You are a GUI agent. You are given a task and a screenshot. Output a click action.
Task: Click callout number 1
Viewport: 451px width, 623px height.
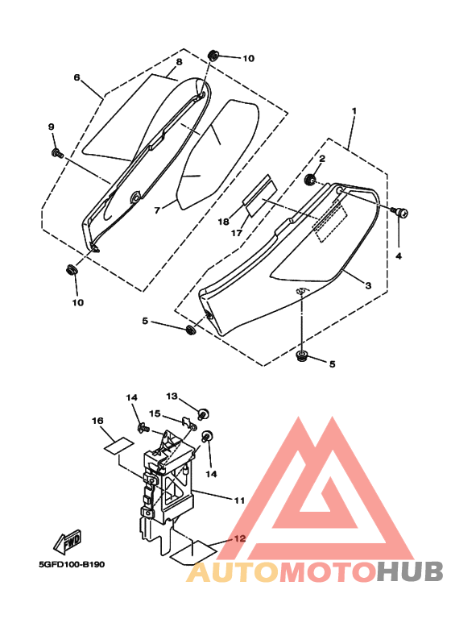coord(354,110)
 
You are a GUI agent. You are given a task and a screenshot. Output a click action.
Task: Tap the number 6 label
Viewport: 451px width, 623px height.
coord(77,77)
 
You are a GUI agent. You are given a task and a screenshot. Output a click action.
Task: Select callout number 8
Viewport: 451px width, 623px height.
coord(179,61)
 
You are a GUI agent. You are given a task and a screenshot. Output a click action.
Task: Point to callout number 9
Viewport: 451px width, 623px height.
coord(52,127)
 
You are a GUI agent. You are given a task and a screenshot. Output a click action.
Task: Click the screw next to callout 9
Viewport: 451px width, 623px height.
coord(57,152)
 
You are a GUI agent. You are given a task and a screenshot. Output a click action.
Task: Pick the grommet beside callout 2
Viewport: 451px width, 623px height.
coord(310,180)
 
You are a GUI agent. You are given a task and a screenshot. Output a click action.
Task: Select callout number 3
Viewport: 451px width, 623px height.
coord(368,285)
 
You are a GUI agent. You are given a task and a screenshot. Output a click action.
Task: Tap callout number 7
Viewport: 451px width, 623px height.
coord(157,210)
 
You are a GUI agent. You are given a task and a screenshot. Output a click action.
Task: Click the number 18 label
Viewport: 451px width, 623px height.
coord(224,222)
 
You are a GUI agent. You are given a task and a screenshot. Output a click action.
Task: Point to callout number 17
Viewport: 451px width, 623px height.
coord(237,233)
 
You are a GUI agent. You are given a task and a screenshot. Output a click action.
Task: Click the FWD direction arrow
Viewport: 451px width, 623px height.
coord(68,542)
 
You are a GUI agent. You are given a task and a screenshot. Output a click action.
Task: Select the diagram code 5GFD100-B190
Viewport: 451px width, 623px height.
coord(72,565)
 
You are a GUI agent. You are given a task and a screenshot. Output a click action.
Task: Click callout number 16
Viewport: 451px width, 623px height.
coord(97,421)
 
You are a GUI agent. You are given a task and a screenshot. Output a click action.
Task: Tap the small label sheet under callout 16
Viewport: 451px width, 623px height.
coord(118,444)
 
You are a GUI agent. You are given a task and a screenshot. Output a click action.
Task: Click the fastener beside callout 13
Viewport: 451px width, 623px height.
coord(203,413)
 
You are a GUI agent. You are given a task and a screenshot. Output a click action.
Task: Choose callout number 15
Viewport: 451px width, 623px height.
coord(155,413)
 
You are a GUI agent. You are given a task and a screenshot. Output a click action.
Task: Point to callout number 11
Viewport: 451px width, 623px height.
coord(239,500)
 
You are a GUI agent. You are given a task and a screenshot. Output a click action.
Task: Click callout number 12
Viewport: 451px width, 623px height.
coord(240,538)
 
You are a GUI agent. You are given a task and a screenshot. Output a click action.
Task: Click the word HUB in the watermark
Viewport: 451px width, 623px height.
coord(410,571)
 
